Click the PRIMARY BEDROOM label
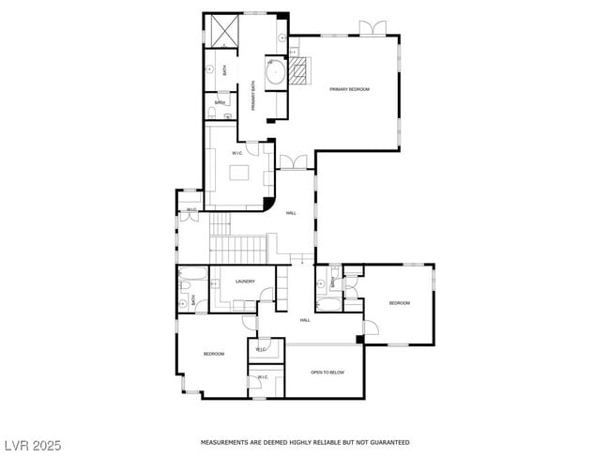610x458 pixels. tap(349, 89)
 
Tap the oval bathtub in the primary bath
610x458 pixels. tap(275, 72)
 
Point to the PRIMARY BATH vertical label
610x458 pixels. tap(253, 98)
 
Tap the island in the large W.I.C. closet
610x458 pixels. tap(239, 173)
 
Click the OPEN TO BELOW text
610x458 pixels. tap(328, 373)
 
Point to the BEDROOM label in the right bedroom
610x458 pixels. tap(400, 303)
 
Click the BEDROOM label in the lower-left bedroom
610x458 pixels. tap(214, 354)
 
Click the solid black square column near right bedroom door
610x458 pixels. tap(359, 339)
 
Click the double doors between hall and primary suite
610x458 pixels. tap(293, 162)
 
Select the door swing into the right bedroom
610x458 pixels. tap(371, 328)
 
